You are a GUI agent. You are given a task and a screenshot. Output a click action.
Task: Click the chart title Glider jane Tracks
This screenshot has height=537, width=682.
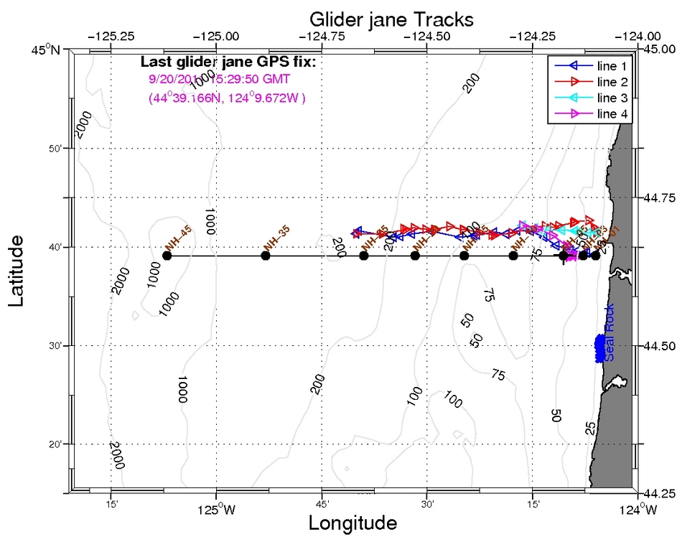381,17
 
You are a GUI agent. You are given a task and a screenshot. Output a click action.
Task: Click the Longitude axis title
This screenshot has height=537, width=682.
352,523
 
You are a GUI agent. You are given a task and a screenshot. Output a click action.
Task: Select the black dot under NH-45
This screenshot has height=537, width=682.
167,256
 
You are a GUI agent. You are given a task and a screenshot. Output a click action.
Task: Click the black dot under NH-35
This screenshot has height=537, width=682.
266,256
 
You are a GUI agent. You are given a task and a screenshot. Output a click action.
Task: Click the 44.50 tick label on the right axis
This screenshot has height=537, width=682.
658,346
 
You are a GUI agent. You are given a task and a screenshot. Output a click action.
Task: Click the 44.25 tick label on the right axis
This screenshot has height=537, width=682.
658,494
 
